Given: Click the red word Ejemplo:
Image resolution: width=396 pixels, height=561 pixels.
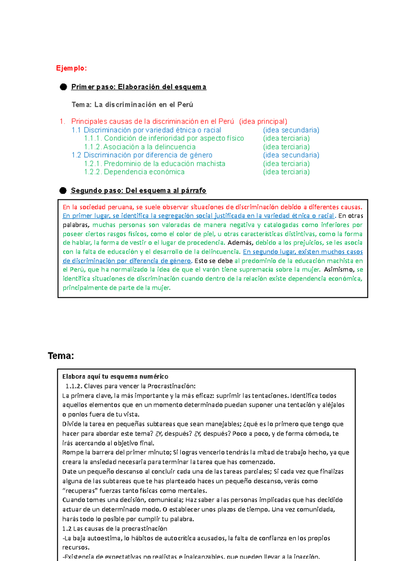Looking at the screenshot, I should (x=71, y=68).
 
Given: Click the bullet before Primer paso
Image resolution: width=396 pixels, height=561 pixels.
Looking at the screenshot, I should (x=63, y=87).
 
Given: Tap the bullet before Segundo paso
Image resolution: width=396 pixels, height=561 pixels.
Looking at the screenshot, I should (x=63, y=191).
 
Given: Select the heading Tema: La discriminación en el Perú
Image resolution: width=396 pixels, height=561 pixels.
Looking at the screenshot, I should (x=132, y=105).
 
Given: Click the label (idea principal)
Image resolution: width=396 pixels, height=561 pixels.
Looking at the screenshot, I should (x=263, y=122).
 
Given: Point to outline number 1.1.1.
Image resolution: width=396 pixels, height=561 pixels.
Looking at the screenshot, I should (x=93, y=138).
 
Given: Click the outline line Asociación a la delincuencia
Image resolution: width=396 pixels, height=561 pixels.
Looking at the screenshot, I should (x=149, y=147).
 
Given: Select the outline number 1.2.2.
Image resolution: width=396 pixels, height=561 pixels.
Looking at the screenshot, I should (x=93, y=172).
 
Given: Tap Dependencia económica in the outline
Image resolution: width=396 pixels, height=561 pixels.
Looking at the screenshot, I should (x=144, y=172).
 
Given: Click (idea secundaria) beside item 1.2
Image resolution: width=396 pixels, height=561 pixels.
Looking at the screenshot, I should (x=291, y=155).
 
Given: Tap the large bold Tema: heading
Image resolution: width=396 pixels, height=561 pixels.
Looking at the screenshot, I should (x=61, y=356).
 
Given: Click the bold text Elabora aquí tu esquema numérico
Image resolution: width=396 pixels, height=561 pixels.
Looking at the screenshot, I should (x=115, y=377).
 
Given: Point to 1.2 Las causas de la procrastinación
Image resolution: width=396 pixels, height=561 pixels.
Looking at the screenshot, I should (x=115, y=529).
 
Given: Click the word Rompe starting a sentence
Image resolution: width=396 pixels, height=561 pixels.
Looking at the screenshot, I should (x=72, y=452).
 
